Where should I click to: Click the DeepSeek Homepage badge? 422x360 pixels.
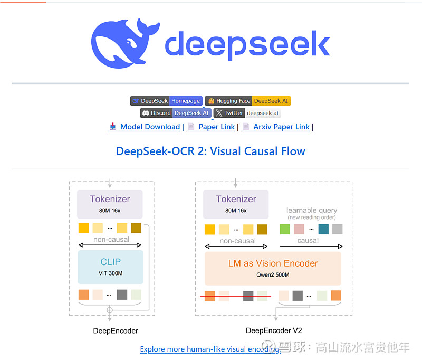point(166,101)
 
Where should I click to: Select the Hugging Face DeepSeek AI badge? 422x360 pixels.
point(248,101)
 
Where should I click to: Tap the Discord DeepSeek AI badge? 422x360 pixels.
point(176,113)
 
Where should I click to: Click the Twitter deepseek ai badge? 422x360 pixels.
point(247,113)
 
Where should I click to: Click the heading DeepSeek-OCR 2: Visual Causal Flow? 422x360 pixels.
point(210,151)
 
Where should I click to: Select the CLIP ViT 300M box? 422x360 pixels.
point(111,267)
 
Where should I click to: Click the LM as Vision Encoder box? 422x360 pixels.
point(273,269)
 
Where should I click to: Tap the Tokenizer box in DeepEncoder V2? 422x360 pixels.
point(236,204)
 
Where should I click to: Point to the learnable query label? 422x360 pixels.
point(312,210)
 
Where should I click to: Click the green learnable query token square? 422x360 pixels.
point(285,229)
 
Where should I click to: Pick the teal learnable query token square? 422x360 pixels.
point(323,229)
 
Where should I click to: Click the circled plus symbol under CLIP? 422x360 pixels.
point(110,310)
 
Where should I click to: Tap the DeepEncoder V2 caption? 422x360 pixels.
point(274,330)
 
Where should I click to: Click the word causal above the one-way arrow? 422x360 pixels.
point(308,241)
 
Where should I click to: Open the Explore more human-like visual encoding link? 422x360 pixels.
point(210,349)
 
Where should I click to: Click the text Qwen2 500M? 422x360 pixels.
point(273,275)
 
